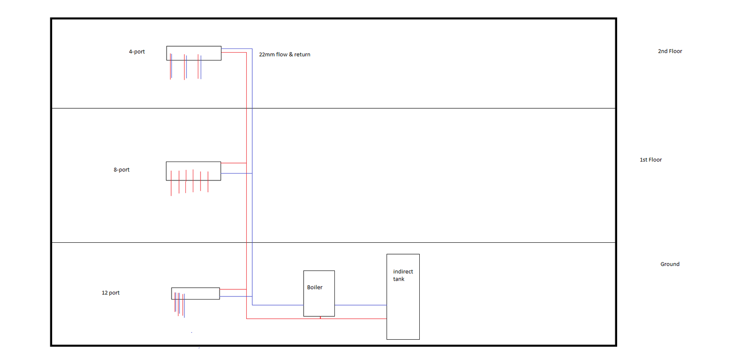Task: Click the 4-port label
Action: click(137, 52)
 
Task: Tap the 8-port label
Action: click(122, 170)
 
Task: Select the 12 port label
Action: click(111, 293)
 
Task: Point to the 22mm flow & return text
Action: click(285, 54)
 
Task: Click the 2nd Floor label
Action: click(670, 51)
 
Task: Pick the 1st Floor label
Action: click(651, 160)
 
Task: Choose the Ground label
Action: click(670, 264)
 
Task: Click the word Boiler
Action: click(315, 287)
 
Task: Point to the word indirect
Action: click(403, 272)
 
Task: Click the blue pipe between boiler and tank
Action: click(361, 305)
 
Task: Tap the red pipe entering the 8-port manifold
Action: click(233, 163)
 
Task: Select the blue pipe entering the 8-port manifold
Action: click(237, 173)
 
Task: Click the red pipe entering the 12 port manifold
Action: click(233, 289)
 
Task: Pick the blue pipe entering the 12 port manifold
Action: click(236, 296)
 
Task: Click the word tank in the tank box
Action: click(399, 279)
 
